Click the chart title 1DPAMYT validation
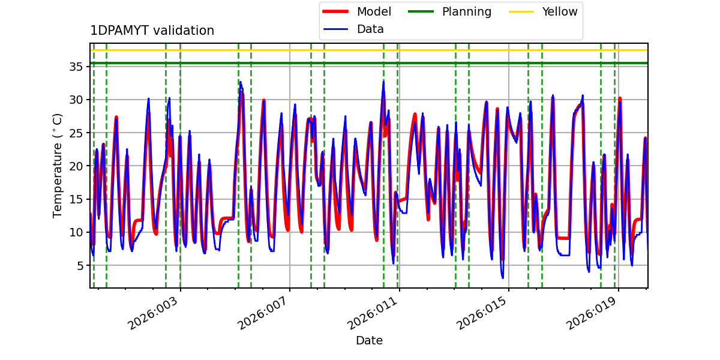point(152,31)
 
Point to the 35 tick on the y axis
point(77,67)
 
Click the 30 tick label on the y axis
point(77,100)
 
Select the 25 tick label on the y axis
point(77,133)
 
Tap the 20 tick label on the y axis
point(77,166)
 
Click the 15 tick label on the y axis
point(77,199)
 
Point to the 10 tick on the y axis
point(77,232)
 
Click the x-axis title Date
point(369,341)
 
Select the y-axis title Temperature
point(58,165)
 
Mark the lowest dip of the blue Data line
point(503,278)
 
